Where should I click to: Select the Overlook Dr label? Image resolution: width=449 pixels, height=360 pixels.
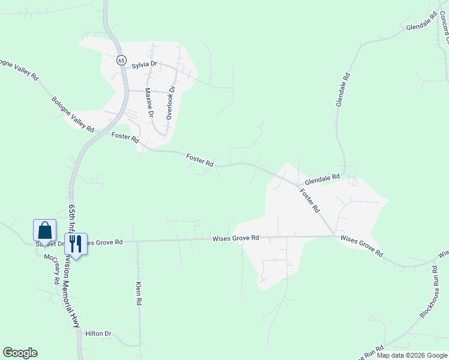[170, 102]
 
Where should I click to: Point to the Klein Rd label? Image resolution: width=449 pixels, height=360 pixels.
[139, 294]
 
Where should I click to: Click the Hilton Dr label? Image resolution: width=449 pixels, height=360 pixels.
[98, 334]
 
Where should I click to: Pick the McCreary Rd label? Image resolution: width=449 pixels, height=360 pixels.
[52, 269]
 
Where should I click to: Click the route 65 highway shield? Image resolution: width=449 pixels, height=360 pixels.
[121, 61]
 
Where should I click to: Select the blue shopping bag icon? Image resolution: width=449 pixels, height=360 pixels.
[44, 230]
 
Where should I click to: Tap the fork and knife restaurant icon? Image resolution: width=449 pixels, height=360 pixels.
[75, 244]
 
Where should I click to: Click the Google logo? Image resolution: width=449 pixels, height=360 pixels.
[20, 353]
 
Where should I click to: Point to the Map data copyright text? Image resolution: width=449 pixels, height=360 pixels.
[412, 355]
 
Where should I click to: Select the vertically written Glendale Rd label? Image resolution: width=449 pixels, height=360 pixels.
[342, 90]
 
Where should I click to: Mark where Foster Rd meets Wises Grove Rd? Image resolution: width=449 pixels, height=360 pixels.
[334, 236]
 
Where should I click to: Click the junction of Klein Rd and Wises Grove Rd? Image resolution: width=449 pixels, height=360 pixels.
[137, 242]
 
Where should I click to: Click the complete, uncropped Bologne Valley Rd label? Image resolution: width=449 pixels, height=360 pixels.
[73, 114]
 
